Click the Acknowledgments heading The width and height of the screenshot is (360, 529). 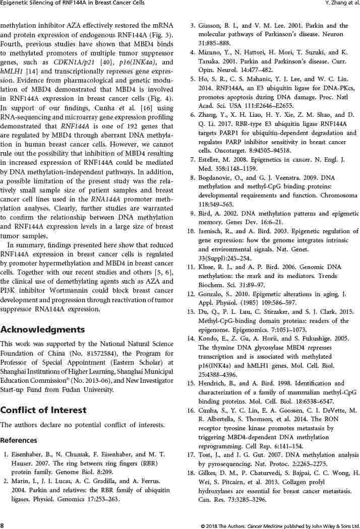point(43,329)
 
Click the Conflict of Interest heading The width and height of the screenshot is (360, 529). point(43,410)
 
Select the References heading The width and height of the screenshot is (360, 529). point(19,440)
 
